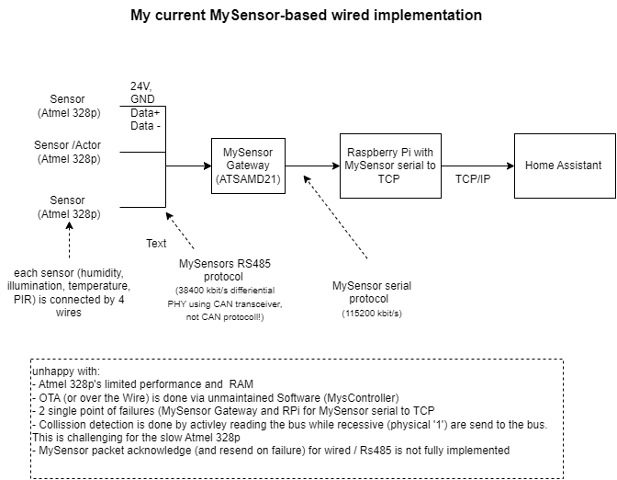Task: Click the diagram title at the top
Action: pyautogui.click(x=306, y=16)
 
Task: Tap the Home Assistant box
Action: pyautogui.click(x=564, y=166)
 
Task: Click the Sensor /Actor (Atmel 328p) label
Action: pyautogui.click(x=68, y=152)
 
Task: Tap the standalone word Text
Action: pyautogui.click(x=156, y=244)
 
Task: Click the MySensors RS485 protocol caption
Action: pyautogui.click(x=225, y=269)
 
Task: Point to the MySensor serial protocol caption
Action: pyautogui.click(x=371, y=291)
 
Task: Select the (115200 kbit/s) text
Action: pyautogui.click(x=371, y=314)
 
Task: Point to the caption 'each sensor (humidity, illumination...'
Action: pyautogui.click(x=70, y=292)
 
